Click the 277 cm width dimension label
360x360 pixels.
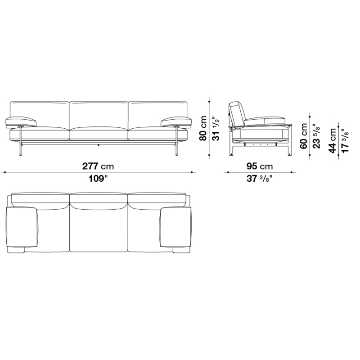[98, 166]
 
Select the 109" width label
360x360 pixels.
[98, 178]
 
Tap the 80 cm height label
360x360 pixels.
[203, 128]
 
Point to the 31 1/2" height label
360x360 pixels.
[216, 128]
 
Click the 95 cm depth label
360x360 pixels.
[260, 166]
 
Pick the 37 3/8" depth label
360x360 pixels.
[260, 178]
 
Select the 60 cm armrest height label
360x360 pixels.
[304, 136]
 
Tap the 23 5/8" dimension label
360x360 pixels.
[316, 136]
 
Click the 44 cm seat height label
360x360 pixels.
[333, 140]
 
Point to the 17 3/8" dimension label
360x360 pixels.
[345, 140]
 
